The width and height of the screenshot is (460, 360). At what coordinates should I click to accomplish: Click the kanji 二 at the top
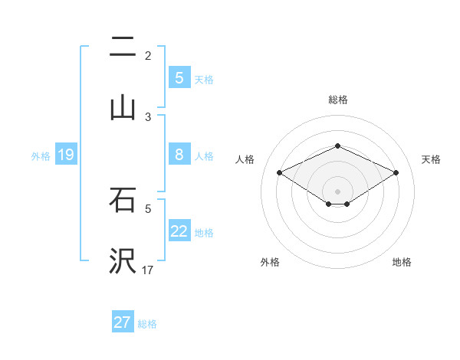click(123, 48)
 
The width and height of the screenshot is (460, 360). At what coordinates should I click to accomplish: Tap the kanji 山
click(123, 107)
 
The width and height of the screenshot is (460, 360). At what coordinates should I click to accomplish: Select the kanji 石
click(123, 201)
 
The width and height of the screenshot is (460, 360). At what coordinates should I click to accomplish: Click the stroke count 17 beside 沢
click(148, 270)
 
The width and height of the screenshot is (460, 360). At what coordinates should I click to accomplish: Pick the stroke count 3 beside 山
click(148, 116)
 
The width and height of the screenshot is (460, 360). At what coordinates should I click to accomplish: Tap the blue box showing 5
click(179, 78)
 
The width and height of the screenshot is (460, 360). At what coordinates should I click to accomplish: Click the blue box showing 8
click(179, 155)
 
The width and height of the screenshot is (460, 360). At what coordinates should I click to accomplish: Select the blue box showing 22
click(179, 231)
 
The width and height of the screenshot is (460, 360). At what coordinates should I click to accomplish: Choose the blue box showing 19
click(66, 155)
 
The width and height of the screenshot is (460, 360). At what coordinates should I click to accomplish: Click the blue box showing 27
click(123, 322)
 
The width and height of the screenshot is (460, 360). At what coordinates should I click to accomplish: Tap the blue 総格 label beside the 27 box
click(147, 323)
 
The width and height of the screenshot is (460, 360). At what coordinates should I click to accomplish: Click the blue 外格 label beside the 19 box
click(41, 155)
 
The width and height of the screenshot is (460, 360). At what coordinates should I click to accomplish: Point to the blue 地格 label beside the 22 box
click(204, 232)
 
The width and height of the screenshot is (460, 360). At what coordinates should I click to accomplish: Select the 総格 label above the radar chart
click(337, 100)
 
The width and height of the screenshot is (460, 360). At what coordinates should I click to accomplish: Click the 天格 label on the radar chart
click(431, 159)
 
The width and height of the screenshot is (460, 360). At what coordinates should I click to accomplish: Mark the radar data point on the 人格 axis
click(280, 173)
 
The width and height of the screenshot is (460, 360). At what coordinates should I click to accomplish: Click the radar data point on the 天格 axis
click(396, 173)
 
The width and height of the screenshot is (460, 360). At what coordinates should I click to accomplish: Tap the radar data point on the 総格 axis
click(337, 146)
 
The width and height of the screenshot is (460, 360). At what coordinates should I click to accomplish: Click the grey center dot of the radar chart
click(337, 190)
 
